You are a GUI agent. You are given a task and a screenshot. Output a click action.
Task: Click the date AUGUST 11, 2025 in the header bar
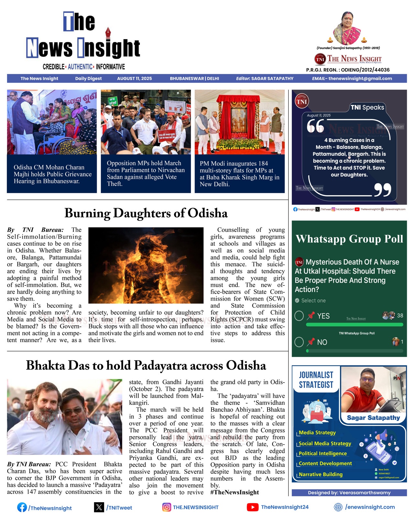tap(134, 78)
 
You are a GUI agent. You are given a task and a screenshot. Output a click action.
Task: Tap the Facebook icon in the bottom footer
tap(22, 507)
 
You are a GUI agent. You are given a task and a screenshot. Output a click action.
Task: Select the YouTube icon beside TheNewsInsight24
tap(252, 507)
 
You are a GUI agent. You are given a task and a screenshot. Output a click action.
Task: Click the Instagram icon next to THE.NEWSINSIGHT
tap(166, 507)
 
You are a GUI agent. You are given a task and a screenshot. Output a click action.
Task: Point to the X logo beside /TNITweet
tap(99, 507)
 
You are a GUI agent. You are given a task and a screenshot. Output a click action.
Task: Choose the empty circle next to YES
tap(299, 316)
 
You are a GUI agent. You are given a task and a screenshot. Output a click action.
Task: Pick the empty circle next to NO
tap(299, 342)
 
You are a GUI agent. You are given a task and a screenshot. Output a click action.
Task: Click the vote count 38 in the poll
tap(400, 316)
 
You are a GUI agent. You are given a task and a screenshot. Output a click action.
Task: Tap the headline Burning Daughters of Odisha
tap(146, 213)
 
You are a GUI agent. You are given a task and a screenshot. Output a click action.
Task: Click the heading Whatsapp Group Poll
tap(349, 239)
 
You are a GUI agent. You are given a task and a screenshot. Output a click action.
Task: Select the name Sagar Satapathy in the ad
tap(373, 418)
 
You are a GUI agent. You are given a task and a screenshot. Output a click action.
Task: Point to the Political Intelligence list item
tap(322, 453)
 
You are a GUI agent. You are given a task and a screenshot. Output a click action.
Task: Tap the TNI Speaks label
tap(367, 107)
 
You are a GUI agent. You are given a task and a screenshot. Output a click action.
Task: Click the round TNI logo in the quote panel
tap(301, 102)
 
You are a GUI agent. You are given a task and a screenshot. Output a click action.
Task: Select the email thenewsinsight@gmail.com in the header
tap(360, 78)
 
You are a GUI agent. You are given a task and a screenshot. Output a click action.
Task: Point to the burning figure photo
tap(146, 265)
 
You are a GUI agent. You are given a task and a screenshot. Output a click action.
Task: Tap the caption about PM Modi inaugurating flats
tap(239, 174)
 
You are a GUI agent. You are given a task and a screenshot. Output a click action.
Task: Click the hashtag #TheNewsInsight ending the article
tap(234, 492)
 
